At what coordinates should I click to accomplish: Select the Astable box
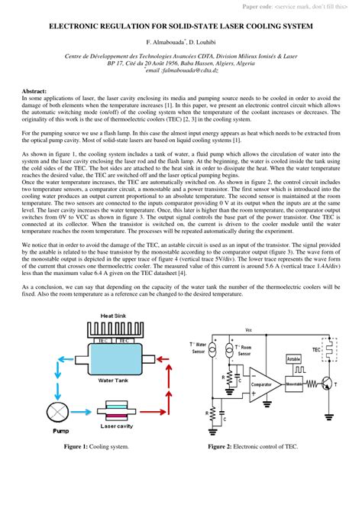click(x=293, y=358)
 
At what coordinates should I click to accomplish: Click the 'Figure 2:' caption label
click(x=222, y=446)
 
